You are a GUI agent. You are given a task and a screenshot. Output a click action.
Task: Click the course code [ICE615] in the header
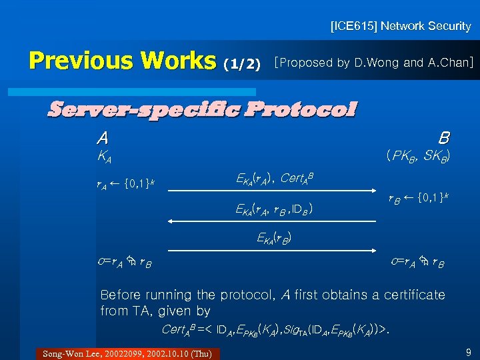coord(355,27)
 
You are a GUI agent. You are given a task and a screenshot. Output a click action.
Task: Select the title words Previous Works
coord(123,61)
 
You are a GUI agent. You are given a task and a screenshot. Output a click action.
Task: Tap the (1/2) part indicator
coord(243,64)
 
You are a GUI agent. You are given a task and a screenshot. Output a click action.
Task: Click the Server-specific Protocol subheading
coord(201,108)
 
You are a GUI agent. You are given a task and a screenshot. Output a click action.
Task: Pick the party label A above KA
coord(103,138)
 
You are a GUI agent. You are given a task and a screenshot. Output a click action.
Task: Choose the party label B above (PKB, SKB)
coord(443,138)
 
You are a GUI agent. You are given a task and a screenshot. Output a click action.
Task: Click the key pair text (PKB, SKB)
coord(417,157)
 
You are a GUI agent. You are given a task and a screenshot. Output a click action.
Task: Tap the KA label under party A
coord(104,158)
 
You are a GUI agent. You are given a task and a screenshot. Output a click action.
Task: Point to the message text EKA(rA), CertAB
coord(275,178)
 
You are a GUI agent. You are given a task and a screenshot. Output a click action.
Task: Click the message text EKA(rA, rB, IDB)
coord(275,210)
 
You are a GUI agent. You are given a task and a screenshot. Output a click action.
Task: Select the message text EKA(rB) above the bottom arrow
coord(274,237)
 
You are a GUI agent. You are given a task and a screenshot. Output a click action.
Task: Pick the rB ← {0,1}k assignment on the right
coord(419,199)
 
